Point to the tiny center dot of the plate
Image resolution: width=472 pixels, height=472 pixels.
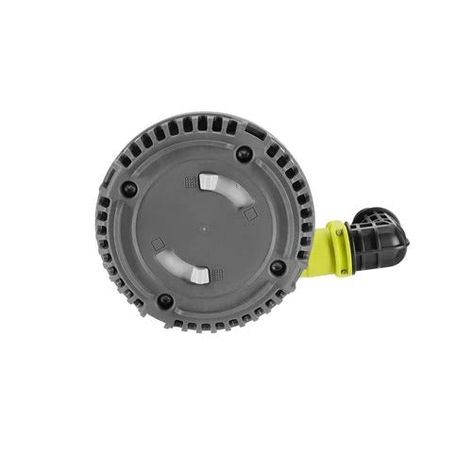click(x=203, y=228)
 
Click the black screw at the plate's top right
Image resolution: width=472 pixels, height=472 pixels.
click(x=243, y=154)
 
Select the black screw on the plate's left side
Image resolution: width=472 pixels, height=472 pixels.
click(x=130, y=188)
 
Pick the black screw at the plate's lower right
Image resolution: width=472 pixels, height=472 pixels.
click(x=277, y=267)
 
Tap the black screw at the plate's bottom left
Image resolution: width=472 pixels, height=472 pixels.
click(x=165, y=301)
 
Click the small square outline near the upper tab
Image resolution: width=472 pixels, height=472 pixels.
click(x=249, y=214)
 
